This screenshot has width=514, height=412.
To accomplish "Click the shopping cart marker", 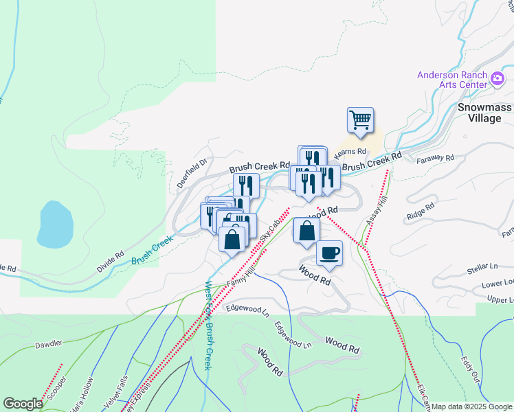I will pos(360,121).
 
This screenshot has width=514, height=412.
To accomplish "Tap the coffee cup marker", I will pos(329,252).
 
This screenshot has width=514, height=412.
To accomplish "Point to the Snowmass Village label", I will pos(480,113).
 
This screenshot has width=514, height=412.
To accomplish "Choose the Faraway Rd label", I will pos(436,158).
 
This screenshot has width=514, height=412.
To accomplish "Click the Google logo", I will pos(22,404).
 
